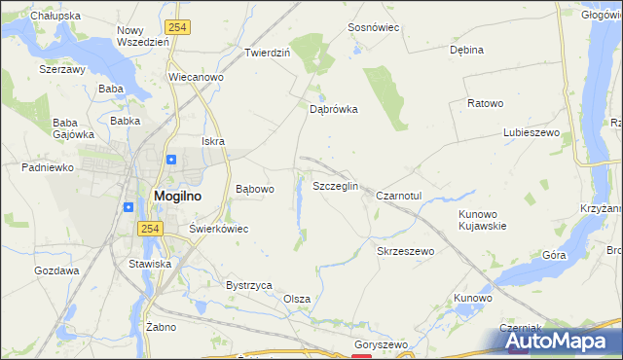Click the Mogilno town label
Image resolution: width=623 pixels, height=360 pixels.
[x=178, y=196]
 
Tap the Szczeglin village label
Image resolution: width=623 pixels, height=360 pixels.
[x=335, y=186]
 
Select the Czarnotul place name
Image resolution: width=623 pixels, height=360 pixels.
[x=399, y=195]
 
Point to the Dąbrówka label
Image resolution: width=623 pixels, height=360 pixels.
[x=334, y=110]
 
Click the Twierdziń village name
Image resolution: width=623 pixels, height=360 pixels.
[x=268, y=53]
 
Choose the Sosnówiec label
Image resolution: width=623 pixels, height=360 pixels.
[x=375, y=28]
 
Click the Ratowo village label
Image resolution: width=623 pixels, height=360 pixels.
[x=485, y=103]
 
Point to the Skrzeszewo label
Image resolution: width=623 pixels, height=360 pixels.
[x=405, y=251]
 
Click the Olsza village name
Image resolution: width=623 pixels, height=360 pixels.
[x=297, y=299]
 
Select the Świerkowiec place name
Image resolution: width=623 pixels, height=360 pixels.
[x=219, y=229]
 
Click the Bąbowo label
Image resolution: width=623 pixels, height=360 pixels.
[x=256, y=189]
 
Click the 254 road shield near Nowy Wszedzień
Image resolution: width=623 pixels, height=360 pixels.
[x=176, y=28]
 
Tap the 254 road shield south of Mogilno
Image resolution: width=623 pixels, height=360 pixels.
[x=148, y=228]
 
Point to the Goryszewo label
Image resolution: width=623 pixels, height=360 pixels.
[x=381, y=345]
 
